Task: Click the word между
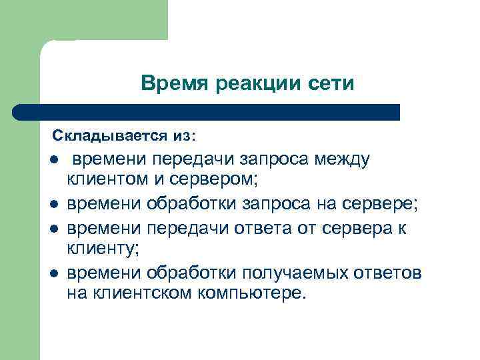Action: click(345, 160)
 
